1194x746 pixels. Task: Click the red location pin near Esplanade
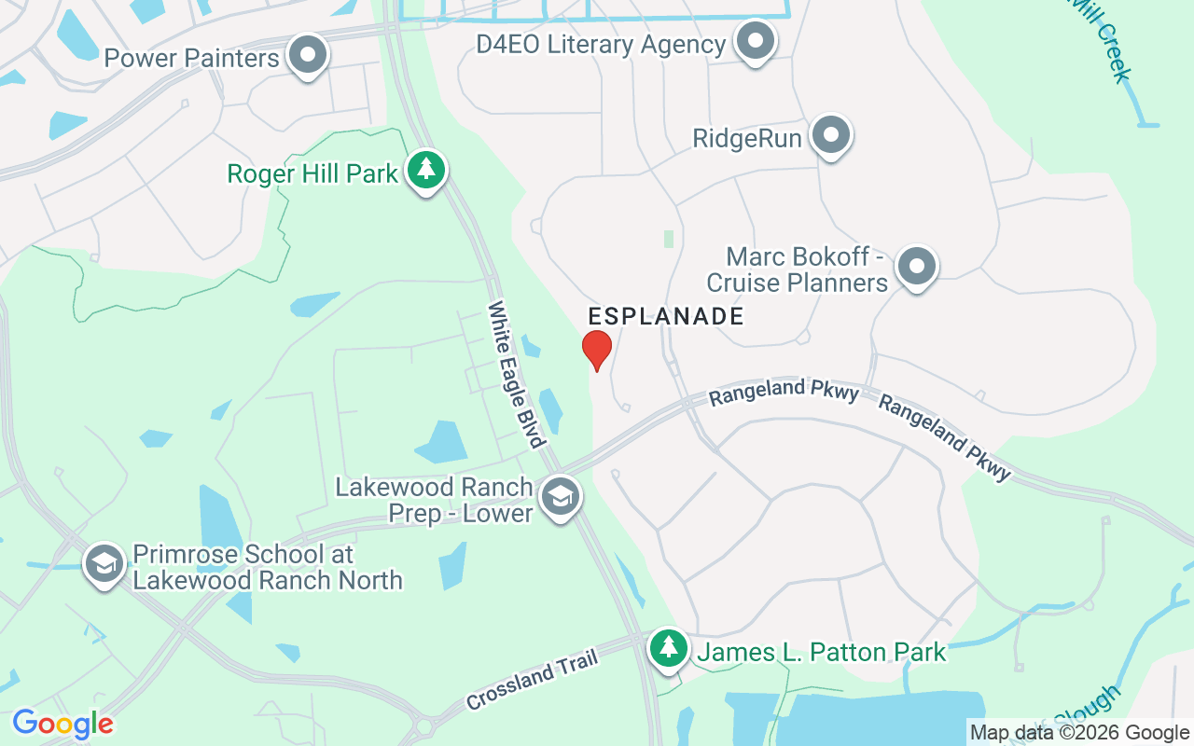tap(597, 350)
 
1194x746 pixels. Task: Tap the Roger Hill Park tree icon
tap(426, 170)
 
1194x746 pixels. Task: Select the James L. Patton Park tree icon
tap(668, 647)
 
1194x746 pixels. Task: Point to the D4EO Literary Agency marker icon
tap(755, 41)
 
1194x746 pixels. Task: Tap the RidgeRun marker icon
tap(830, 136)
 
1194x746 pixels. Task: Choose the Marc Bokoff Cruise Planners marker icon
tap(916, 267)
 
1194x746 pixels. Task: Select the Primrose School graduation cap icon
tap(104, 563)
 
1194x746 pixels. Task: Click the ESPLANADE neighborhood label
tap(666, 317)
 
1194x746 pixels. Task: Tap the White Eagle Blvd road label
tap(516, 373)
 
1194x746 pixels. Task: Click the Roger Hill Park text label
tap(313, 173)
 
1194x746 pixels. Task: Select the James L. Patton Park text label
tap(822, 652)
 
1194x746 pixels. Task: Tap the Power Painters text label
tap(192, 59)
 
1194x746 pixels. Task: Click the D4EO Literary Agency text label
tap(601, 45)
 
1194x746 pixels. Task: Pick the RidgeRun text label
tap(747, 139)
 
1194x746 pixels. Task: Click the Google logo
tap(62, 724)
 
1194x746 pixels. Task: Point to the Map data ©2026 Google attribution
tap(1080, 733)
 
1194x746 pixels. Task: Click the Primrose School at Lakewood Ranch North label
tap(267, 567)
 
